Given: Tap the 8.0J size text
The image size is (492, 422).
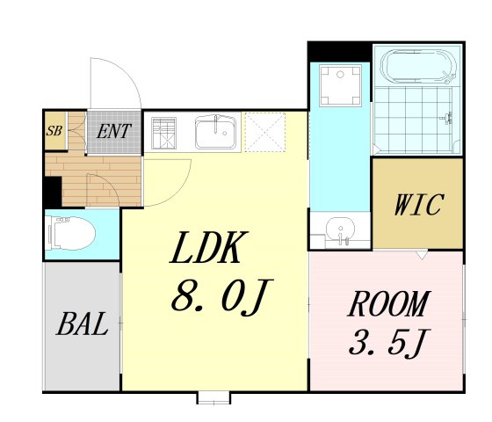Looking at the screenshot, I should (x=216, y=300).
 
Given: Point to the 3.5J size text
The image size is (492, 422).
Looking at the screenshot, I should (x=387, y=340).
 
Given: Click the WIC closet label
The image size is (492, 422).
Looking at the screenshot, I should (x=417, y=206).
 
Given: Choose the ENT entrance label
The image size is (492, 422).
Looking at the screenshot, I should (x=115, y=133).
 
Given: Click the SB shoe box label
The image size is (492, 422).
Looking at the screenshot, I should (x=54, y=133).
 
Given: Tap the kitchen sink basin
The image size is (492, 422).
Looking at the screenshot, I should (x=214, y=133).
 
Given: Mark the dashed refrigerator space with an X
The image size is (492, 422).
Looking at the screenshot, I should (x=265, y=132).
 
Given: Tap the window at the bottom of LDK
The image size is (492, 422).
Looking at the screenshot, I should (x=213, y=397).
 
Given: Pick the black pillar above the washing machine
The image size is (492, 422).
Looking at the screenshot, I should (x=337, y=50).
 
